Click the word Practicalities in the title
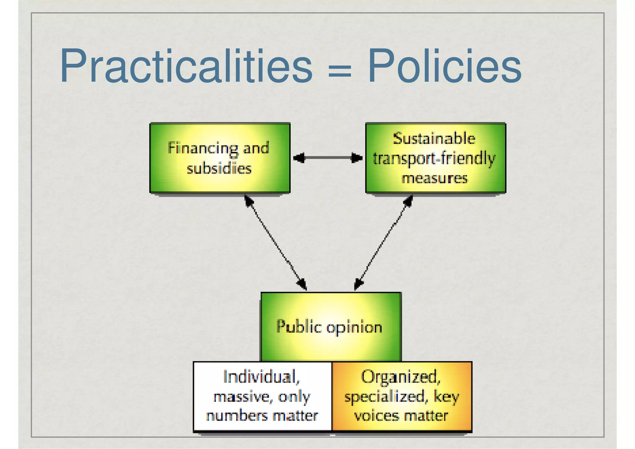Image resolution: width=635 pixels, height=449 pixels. coord(186,66)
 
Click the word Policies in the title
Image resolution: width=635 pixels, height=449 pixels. coord(444,66)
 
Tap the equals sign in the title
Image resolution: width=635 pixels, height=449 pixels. coord(340,71)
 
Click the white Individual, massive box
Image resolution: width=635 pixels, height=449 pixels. coord(262,396)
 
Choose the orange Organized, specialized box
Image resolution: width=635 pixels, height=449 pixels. coord(402,396)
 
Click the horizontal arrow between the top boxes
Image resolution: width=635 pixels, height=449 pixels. coord(328,158)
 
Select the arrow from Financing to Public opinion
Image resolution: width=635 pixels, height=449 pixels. coord(275,242)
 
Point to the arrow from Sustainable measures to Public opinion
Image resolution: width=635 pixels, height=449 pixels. coord(384,242)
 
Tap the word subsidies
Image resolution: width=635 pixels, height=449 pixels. coord(219,168)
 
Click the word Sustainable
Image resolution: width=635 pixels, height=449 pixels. coord(434,138)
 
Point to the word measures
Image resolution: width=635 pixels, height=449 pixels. coord(434,178)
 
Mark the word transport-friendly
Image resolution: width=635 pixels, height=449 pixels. coord(434,159)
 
